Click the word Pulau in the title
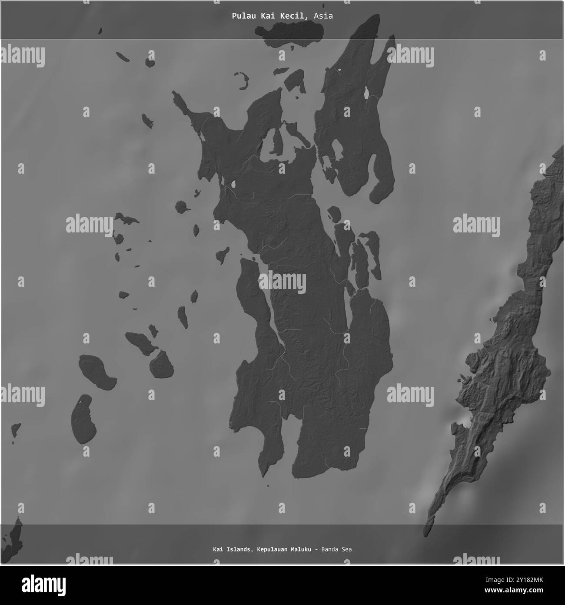[241, 16]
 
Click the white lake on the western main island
[233, 185]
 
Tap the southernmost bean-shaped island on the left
[84, 419]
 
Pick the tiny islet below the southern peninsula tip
[268, 486]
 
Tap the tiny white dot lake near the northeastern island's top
[340, 70]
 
